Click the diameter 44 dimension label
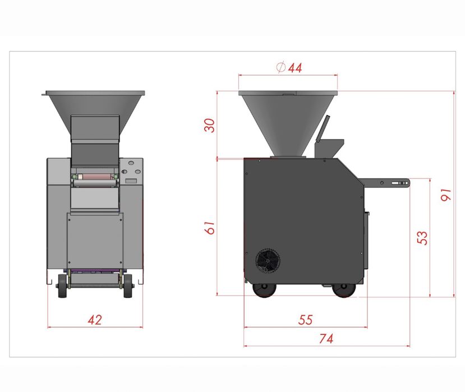(289, 68)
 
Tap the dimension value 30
(209, 125)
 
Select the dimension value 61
(210, 228)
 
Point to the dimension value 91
(446, 195)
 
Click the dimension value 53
(422, 238)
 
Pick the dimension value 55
(306, 320)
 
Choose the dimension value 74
(326, 338)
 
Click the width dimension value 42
(95, 320)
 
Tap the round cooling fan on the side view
(268, 261)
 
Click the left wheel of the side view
(264, 290)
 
